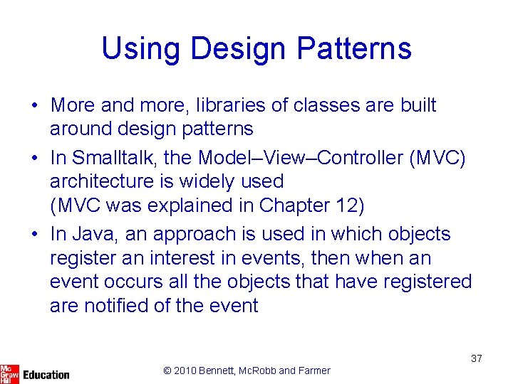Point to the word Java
pyautogui.click(x=90, y=234)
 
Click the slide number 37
pyautogui.click(x=476, y=358)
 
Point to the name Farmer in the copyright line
pyautogui.click(x=314, y=370)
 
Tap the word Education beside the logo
pyautogui.click(x=46, y=374)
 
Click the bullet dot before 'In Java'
pyautogui.click(x=35, y=234)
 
